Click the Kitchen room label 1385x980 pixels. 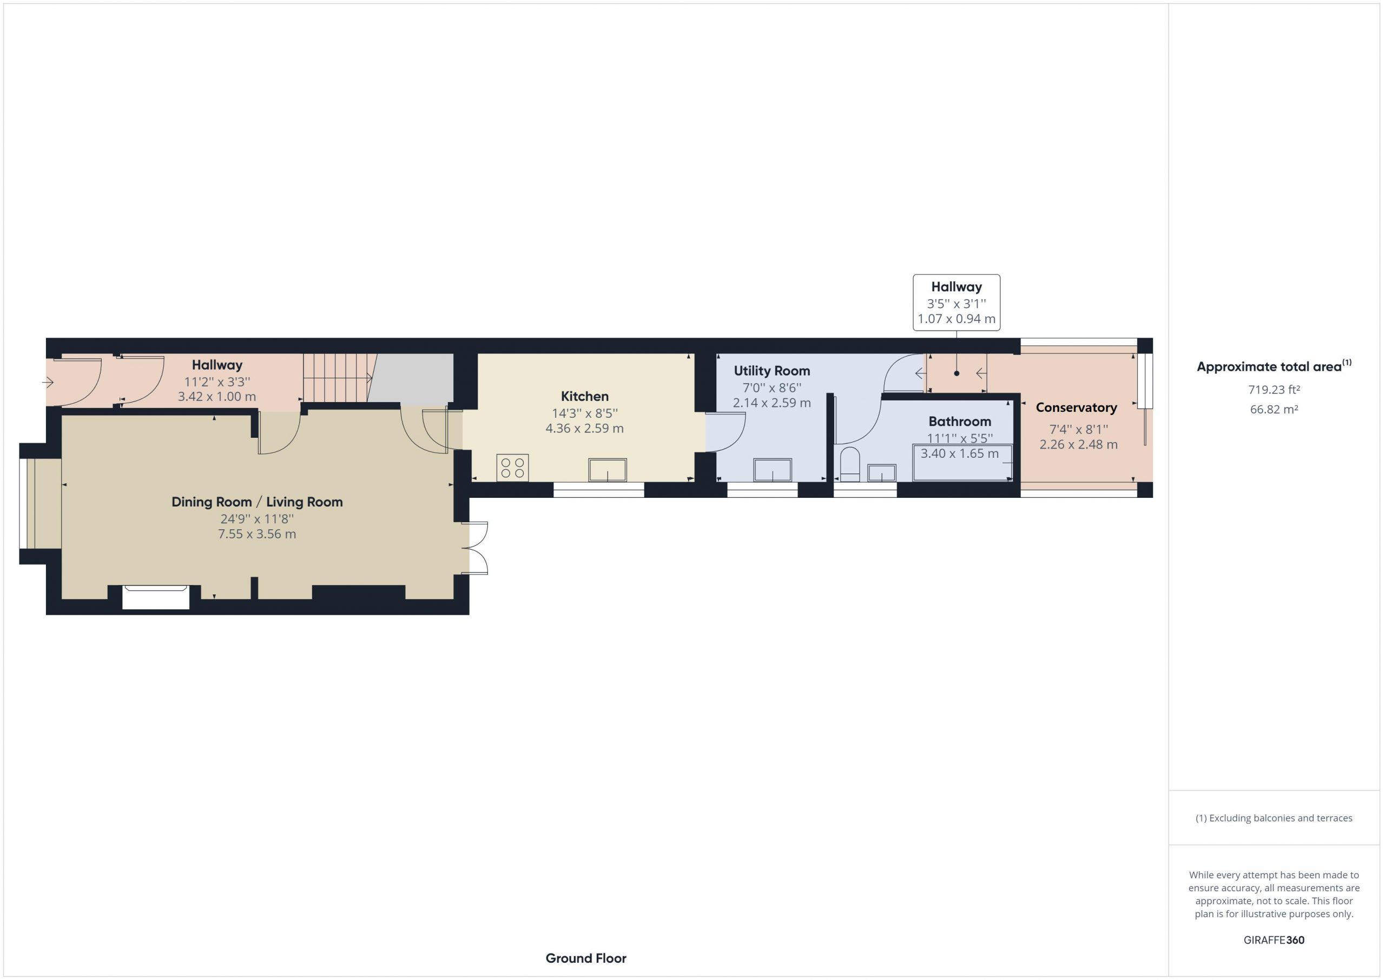(584, 397)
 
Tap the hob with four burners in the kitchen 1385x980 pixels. (513, 468)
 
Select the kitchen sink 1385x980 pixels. (608, 470)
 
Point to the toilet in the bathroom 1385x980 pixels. (850, 464)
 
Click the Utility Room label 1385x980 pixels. (771, 371)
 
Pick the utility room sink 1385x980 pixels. (773, 470)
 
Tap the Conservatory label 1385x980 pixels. (1076, 408)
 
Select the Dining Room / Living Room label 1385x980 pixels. (257, 502)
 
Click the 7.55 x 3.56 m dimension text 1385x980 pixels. (257, 534)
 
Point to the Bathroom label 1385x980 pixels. (960, 422)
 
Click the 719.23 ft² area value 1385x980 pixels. (1274, 390)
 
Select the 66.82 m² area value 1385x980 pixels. (1274, 409)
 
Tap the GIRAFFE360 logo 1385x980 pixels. (1274, 939)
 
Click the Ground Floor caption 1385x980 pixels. (586, 958)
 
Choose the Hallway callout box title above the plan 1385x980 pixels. (957, 287)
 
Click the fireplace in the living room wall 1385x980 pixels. (156, 597)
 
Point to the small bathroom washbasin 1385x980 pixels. (882, 472)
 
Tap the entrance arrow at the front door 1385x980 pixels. (48, 382)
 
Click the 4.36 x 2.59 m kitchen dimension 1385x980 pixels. (584, 429)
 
